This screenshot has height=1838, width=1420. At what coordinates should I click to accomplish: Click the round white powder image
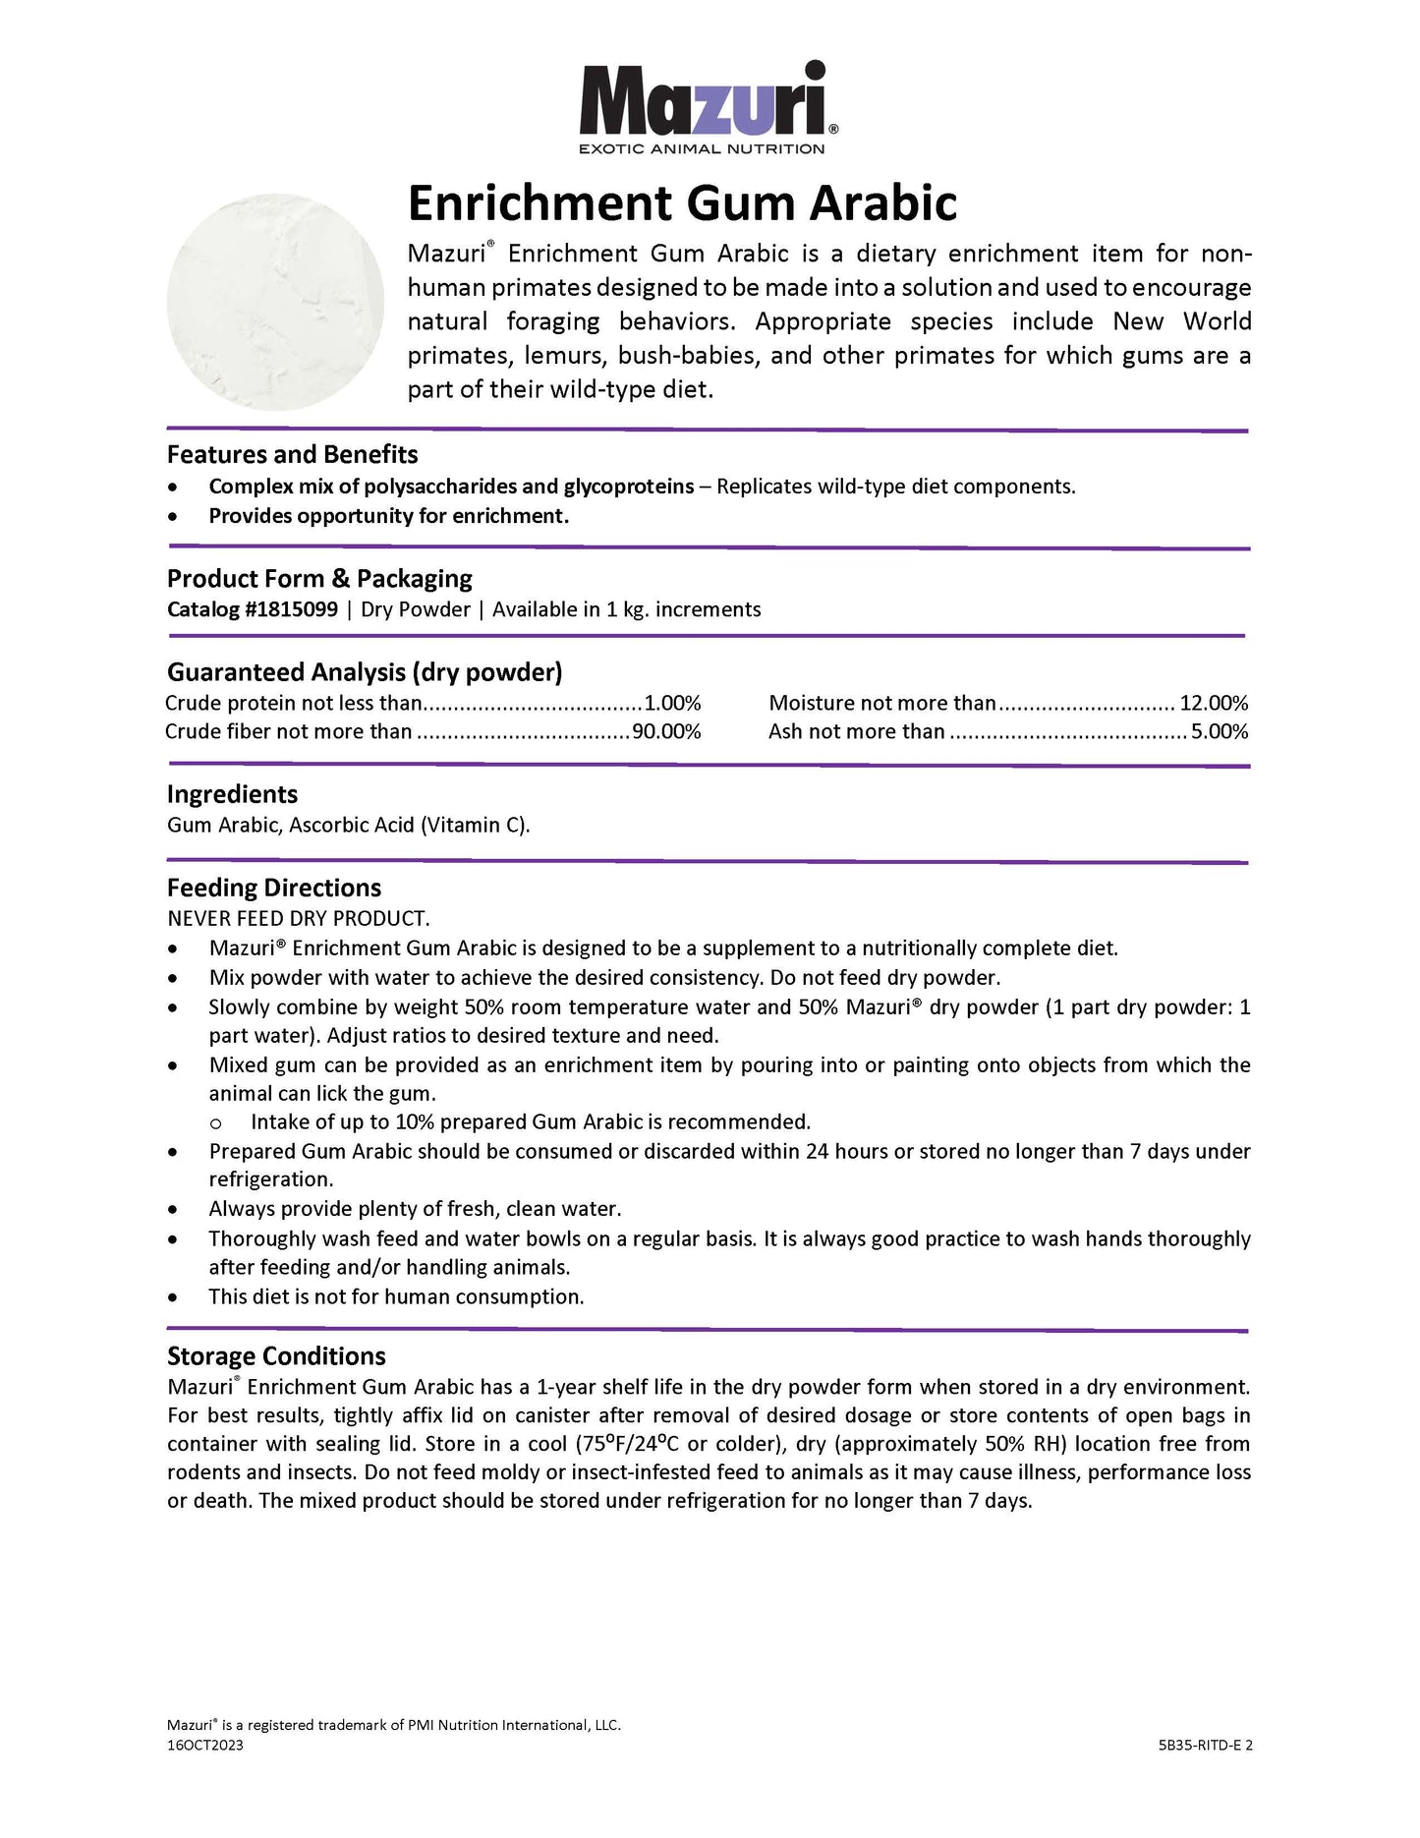275,302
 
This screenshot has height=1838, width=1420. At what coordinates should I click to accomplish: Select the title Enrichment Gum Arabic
682,203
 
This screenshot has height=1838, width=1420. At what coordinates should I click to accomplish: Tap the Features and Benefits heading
292,454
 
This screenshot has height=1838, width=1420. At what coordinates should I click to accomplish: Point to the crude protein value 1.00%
672,703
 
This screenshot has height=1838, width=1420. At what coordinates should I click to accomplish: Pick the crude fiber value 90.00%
665,731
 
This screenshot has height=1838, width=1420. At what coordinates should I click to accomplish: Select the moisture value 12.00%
1214,703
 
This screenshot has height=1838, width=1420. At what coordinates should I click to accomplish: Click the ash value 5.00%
1220,731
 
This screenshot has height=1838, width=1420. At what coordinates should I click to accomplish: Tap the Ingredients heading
232,794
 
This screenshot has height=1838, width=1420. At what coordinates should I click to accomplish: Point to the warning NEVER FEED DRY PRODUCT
299,918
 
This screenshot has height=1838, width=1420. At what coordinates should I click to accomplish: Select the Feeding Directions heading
274,888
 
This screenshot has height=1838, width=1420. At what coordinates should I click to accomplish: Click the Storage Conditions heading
276,1356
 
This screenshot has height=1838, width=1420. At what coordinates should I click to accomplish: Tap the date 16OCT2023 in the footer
205,1745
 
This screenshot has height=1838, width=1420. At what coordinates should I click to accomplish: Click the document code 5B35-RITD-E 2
1205,1746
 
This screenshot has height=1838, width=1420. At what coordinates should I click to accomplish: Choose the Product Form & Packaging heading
319,578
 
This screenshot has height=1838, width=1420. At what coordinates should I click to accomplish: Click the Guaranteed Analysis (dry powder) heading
365,672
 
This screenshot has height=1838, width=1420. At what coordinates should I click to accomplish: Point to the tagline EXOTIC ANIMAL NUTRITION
702,149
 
